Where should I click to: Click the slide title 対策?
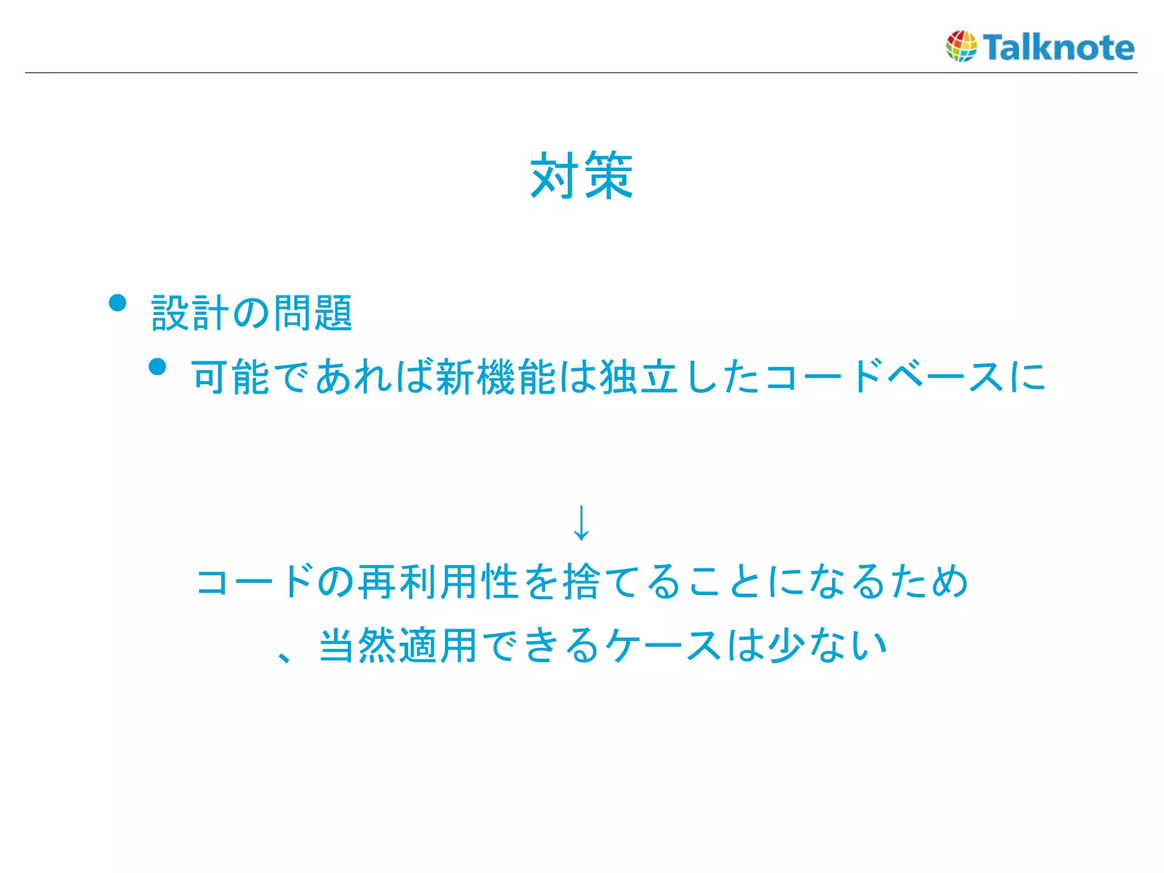[x=581, y=175]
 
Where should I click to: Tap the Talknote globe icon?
[x=961, y=46]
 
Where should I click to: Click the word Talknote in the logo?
[x=1058, y=47]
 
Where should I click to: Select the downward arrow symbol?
[x=581, y=522]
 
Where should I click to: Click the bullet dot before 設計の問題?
[x=118, y=303]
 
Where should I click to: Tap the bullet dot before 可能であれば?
[x=157, y=367]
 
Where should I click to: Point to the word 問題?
[x=313, y=313]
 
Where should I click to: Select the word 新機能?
[x=496, y=377]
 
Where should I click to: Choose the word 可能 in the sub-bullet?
[x=231, y=377]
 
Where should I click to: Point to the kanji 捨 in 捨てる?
[x=581, y=581]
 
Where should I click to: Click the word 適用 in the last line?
[x=438, y=645]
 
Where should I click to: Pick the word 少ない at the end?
[x=828, y=645]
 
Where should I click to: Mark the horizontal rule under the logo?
[x=581, y=73]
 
